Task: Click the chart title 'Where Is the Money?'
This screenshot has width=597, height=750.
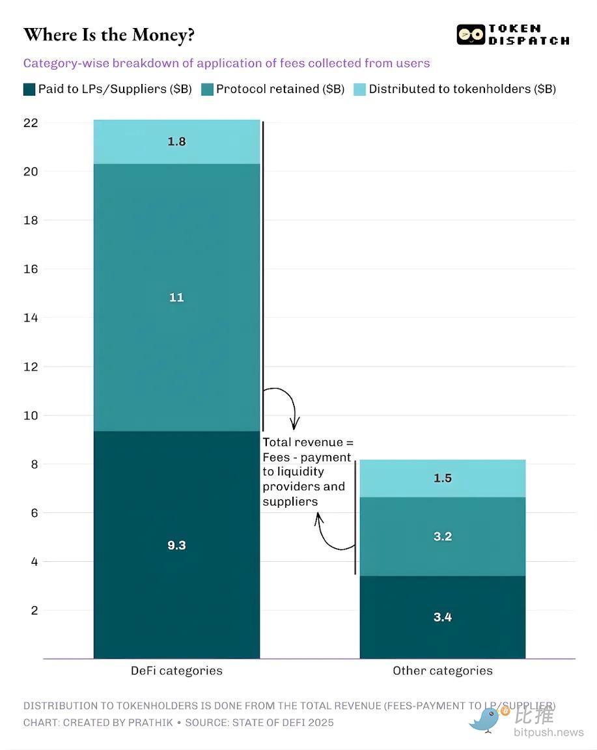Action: coord(109,35)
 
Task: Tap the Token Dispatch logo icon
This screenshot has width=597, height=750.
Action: coord(471,35)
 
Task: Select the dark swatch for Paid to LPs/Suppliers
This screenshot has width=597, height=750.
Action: coord(29,89)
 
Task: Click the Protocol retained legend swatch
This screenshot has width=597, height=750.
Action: coord(207,89)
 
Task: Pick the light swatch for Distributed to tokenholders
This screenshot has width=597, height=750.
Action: coord(360,89)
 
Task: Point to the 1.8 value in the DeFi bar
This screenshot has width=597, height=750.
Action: coord(176,141)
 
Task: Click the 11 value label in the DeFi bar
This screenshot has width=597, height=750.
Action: coord(176,298)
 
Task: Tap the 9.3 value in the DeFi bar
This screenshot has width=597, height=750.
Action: coord(176,545)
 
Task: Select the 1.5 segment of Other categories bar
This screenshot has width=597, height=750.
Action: coord(443,478)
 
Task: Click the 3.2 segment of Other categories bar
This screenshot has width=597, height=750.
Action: coord(443,536)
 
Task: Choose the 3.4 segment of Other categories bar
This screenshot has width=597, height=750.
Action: coord(443,617)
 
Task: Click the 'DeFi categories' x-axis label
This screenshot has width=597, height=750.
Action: coord(176,671)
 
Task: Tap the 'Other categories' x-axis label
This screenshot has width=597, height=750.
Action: coord(443,671)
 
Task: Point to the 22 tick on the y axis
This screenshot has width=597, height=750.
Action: coord(31,123)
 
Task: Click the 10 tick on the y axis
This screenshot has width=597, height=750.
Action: coord(31,415)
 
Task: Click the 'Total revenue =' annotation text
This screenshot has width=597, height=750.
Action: coord(308,443)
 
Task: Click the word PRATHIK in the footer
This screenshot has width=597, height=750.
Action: coord(157,723)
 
